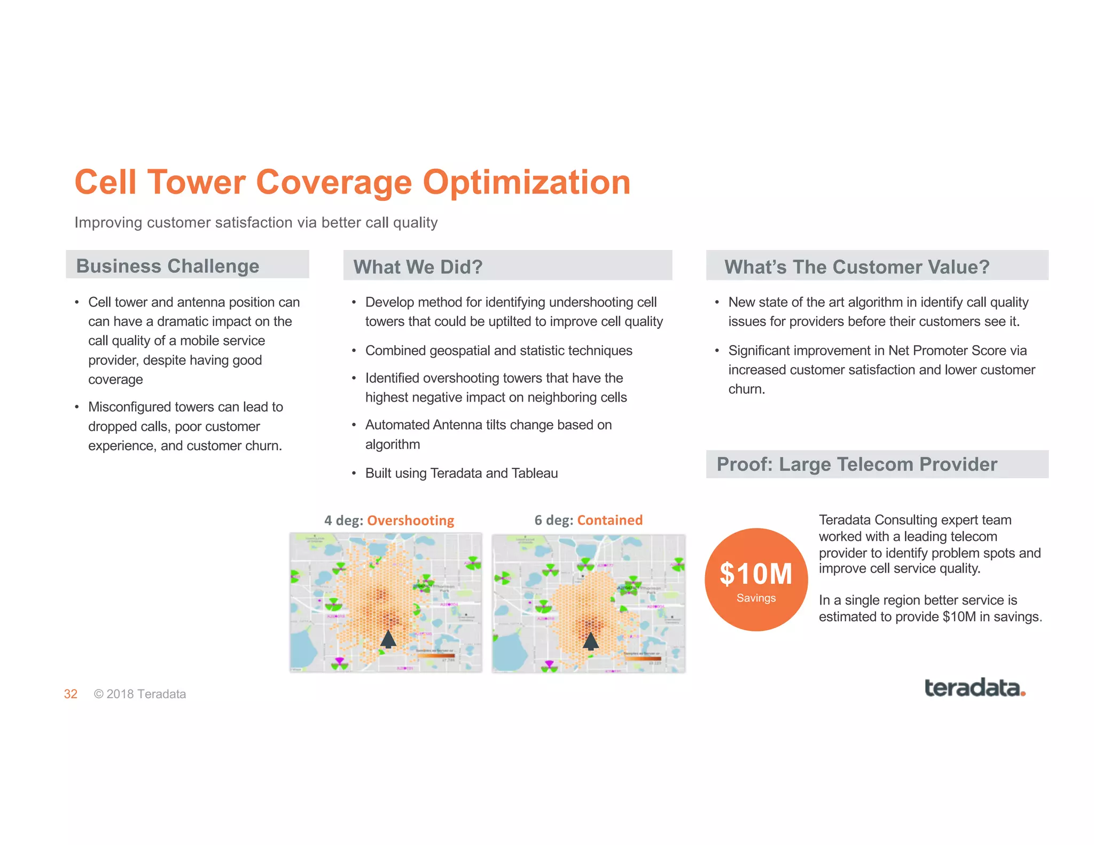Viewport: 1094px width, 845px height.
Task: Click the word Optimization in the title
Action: [526, 182]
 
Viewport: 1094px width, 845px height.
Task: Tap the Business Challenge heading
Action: [167, 265]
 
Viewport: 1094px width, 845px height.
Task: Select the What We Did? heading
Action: [418, 267]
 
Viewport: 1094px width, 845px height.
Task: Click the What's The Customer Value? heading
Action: [856, 267]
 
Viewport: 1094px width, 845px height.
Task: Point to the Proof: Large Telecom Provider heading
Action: [856, 464]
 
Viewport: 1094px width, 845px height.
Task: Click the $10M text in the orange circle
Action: [755, 574]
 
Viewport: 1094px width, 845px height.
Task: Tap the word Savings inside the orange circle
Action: [755, 598]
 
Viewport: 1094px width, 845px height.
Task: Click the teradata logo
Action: [974, 688]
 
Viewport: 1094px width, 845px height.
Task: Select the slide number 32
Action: [71, 694]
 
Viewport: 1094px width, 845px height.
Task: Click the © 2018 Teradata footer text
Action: [140, 694]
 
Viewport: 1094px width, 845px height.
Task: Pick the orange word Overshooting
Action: [410, 520]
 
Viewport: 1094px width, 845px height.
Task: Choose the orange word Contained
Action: [609, 520]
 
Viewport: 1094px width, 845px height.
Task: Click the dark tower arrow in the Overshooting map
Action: [388, 639]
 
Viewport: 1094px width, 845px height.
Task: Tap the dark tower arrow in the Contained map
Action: [590, 640]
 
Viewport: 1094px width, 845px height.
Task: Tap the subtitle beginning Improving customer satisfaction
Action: [256, 222]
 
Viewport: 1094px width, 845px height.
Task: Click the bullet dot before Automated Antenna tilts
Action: [354, 425]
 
